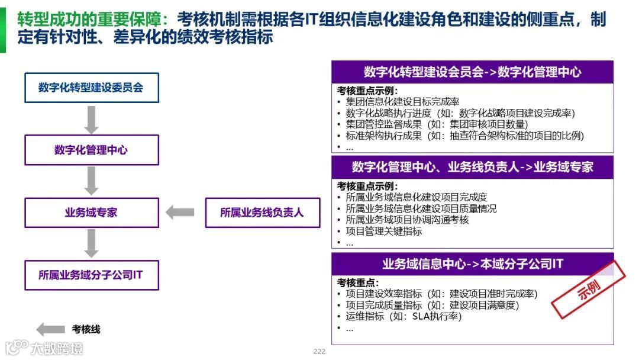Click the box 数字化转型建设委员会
coord(91,88)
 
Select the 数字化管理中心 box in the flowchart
coord(91,150)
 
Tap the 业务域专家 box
coord(91,213)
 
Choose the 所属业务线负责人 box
coord(262,213)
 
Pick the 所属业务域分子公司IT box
coord(91,275)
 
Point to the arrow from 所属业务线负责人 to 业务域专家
coord(180,213)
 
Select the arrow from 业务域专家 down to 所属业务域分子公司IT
coord(91,243)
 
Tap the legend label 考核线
coord(86,329)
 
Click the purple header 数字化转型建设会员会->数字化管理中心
coord(472,72)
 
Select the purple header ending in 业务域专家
coord(472,167)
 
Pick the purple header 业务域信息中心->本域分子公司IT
coord(472,264)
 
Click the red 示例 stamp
coord(588,290)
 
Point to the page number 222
coord(319,352)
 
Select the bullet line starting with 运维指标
coord(404,316)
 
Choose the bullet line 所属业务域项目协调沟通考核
coord(407,220)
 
